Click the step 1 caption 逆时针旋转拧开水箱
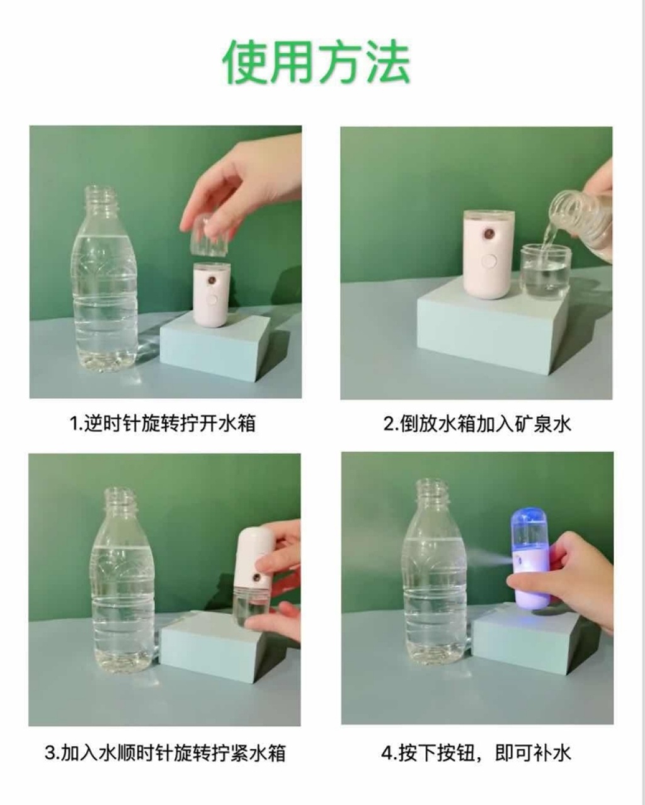163,424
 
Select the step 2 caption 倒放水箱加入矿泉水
477,424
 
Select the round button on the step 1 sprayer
212,300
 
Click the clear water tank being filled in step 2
545,267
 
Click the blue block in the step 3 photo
229,644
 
